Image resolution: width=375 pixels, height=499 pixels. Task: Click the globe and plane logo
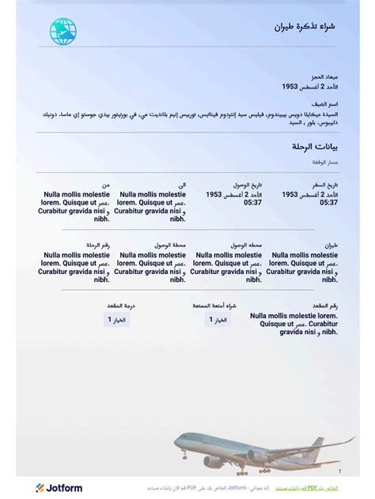pyautogui.click(x=63, y=30)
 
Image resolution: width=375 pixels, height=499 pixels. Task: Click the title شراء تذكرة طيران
pyautogui.click(x=305, y=27)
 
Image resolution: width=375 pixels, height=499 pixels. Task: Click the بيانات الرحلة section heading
pyautogui.click(x=315, y=147)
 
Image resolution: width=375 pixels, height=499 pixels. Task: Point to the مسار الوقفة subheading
pyautogui.click(x=324, y=162)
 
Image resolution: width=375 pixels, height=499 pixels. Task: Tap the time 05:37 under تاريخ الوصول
pyautogui.click(x=252, y=203)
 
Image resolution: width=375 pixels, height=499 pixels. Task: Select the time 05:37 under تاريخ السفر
pyautogui.click(x=329, y=203)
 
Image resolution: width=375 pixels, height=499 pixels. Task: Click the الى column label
pyautogui.click(x=182, y=185)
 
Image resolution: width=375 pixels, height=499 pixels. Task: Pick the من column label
pyautogui.click(x=105, y=185)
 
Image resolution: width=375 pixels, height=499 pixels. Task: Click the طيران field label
pyautogui.click(x=330, y=246)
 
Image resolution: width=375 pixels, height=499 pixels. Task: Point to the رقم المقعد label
pyautogui.click(x=324, y=306)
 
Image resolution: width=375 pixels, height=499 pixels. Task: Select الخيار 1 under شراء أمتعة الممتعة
pyautogui.click(x=218, y=320)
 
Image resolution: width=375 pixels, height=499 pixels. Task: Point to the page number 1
pyautogui.click(x=339, y=471)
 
